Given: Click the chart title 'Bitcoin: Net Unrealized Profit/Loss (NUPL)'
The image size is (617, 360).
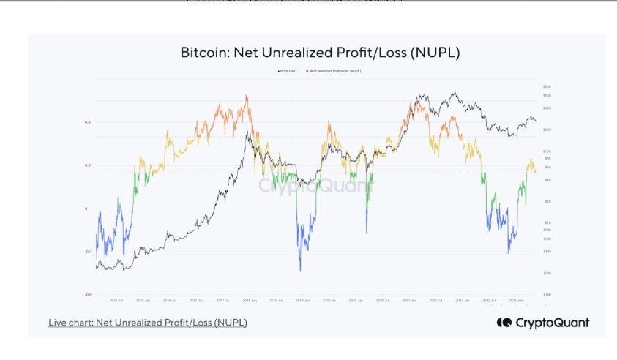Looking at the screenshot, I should tap(319, 53).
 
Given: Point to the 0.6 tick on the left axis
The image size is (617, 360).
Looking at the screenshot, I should tap(88, 122).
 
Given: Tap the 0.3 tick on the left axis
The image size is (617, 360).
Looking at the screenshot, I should tap(88, 165).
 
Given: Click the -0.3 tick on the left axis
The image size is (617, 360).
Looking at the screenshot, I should tap(88, 251).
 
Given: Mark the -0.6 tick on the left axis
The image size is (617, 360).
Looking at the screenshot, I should tap(88, 294).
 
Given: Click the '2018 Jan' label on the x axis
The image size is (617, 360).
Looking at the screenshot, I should tap(249, 301).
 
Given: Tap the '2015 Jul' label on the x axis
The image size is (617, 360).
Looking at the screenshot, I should tap(116, 301).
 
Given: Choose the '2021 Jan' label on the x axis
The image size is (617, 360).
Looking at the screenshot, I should tap(408, 301).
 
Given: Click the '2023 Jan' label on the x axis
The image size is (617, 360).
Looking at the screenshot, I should tap(515, 301).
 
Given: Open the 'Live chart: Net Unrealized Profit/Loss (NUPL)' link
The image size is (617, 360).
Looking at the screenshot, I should tap(148, 323).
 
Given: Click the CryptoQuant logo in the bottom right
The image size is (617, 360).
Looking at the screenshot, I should tap(542, 323).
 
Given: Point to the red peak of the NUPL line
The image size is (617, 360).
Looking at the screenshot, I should tap(247, 96).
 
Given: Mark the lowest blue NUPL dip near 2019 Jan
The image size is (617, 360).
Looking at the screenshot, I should tap(300, 271).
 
